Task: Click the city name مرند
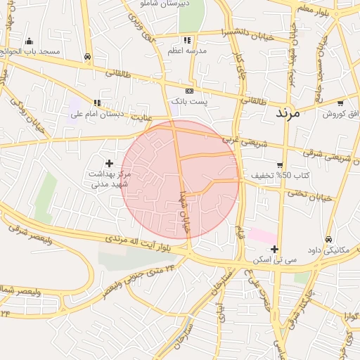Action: [x=288, y=112]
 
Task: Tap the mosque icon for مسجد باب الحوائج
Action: [x=29, y=41]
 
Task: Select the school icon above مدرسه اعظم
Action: [x=187, y=40]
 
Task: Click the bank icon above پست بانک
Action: [x=189, y=91]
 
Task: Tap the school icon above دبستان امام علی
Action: [x=97, y=103]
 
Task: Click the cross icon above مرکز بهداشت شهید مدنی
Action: [x=109, y=163]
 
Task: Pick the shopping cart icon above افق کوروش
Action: [x=340, y=103]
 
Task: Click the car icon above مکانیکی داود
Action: [x=329, y=240]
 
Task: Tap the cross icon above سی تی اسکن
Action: [x=274, y=249]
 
